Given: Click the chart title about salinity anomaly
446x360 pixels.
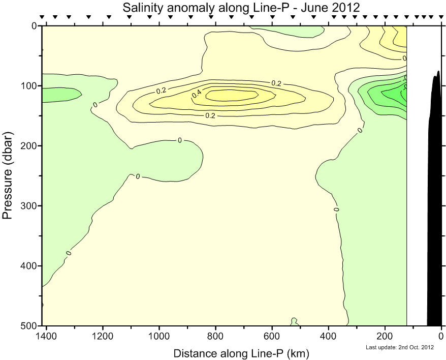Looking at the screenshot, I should (241, 8).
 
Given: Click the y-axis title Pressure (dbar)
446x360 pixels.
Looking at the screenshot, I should (7, 175).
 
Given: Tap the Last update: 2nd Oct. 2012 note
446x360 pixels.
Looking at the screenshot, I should (400, 347).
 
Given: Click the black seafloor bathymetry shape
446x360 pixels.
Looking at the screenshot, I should (435, 203).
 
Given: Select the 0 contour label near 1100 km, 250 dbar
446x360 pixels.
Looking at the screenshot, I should (137, 176).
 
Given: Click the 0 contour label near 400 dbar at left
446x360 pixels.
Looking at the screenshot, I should (69, 253).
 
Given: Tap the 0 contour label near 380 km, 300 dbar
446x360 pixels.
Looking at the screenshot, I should (336, 209).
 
